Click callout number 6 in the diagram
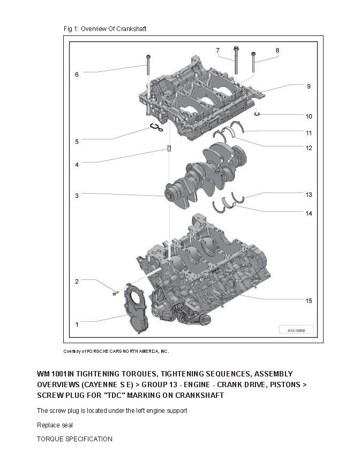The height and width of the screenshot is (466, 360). click(77, 75)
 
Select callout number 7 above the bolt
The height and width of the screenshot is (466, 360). click(217, 50)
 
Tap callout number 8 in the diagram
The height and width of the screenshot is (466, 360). click(277, 50)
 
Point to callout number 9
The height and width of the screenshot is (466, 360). click(309, 86)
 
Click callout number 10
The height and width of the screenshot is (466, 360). click(309, 116)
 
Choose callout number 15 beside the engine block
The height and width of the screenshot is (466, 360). click(309, 301)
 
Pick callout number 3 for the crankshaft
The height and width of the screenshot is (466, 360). click(77, 196)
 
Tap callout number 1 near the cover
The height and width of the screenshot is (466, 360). click(77, 324)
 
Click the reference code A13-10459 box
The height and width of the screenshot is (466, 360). click(296, 330)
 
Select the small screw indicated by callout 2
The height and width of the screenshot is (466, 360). click(115, 293)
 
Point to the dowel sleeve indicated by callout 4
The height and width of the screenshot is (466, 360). click(168, 149)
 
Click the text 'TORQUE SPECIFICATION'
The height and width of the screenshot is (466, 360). click(74, 439)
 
